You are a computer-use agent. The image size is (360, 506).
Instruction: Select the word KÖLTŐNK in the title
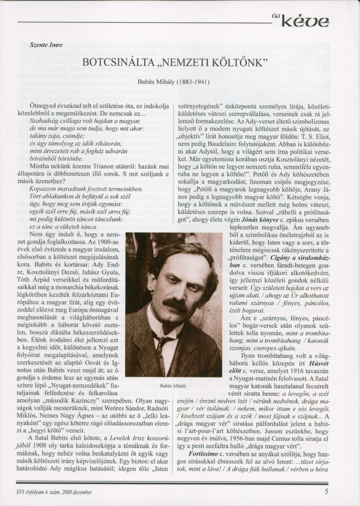click(246, 62)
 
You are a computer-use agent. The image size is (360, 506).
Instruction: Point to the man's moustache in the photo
click(175, 304)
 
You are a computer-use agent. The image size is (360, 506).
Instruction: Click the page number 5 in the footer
click(327, 491)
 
